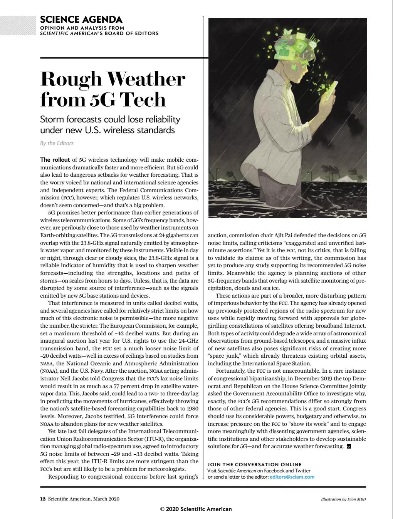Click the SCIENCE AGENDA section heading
tap(81, 19)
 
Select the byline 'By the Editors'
tap(57, 143)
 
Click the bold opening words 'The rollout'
tap(55, 160)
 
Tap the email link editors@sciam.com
tap(292, 477)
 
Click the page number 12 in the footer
tap(43, 499)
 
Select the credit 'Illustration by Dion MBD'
tap(343, 499)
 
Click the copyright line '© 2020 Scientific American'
tap(196, 509)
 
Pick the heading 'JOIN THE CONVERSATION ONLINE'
tap(254, 464)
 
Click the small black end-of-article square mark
tap(349, 447)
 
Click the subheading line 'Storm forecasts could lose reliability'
tap(110, 119)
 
